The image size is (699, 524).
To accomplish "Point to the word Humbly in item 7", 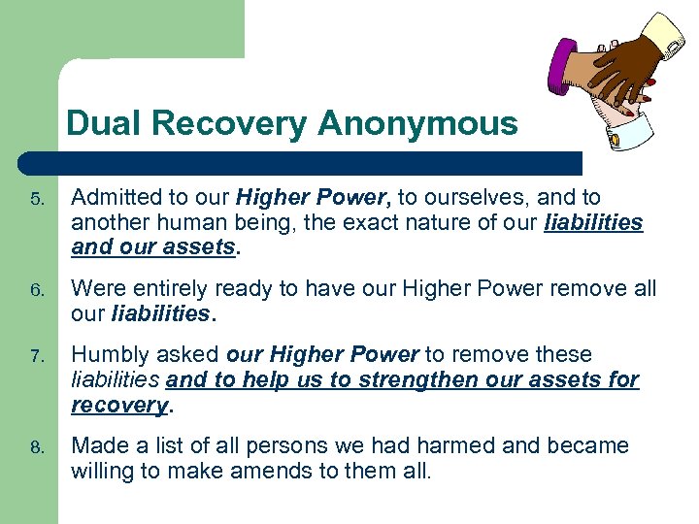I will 110,355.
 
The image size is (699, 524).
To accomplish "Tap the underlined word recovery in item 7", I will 118,406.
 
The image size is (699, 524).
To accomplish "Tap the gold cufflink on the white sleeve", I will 614,143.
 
